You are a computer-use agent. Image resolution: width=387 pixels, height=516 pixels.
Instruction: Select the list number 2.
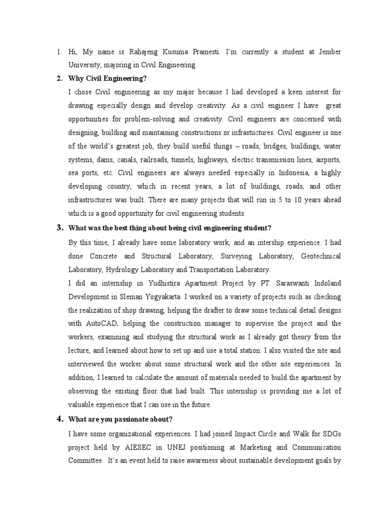coord(58,78)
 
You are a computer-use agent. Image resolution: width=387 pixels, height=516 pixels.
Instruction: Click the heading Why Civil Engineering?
coord(107,78)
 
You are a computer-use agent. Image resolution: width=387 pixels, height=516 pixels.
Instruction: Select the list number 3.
coord(58,228)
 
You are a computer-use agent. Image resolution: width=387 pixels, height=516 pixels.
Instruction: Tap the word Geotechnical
coord(320,256)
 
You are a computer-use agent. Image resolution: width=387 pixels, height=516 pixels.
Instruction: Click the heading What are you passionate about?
coord(120,419)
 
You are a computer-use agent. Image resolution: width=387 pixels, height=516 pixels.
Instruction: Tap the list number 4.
coord(58,419)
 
